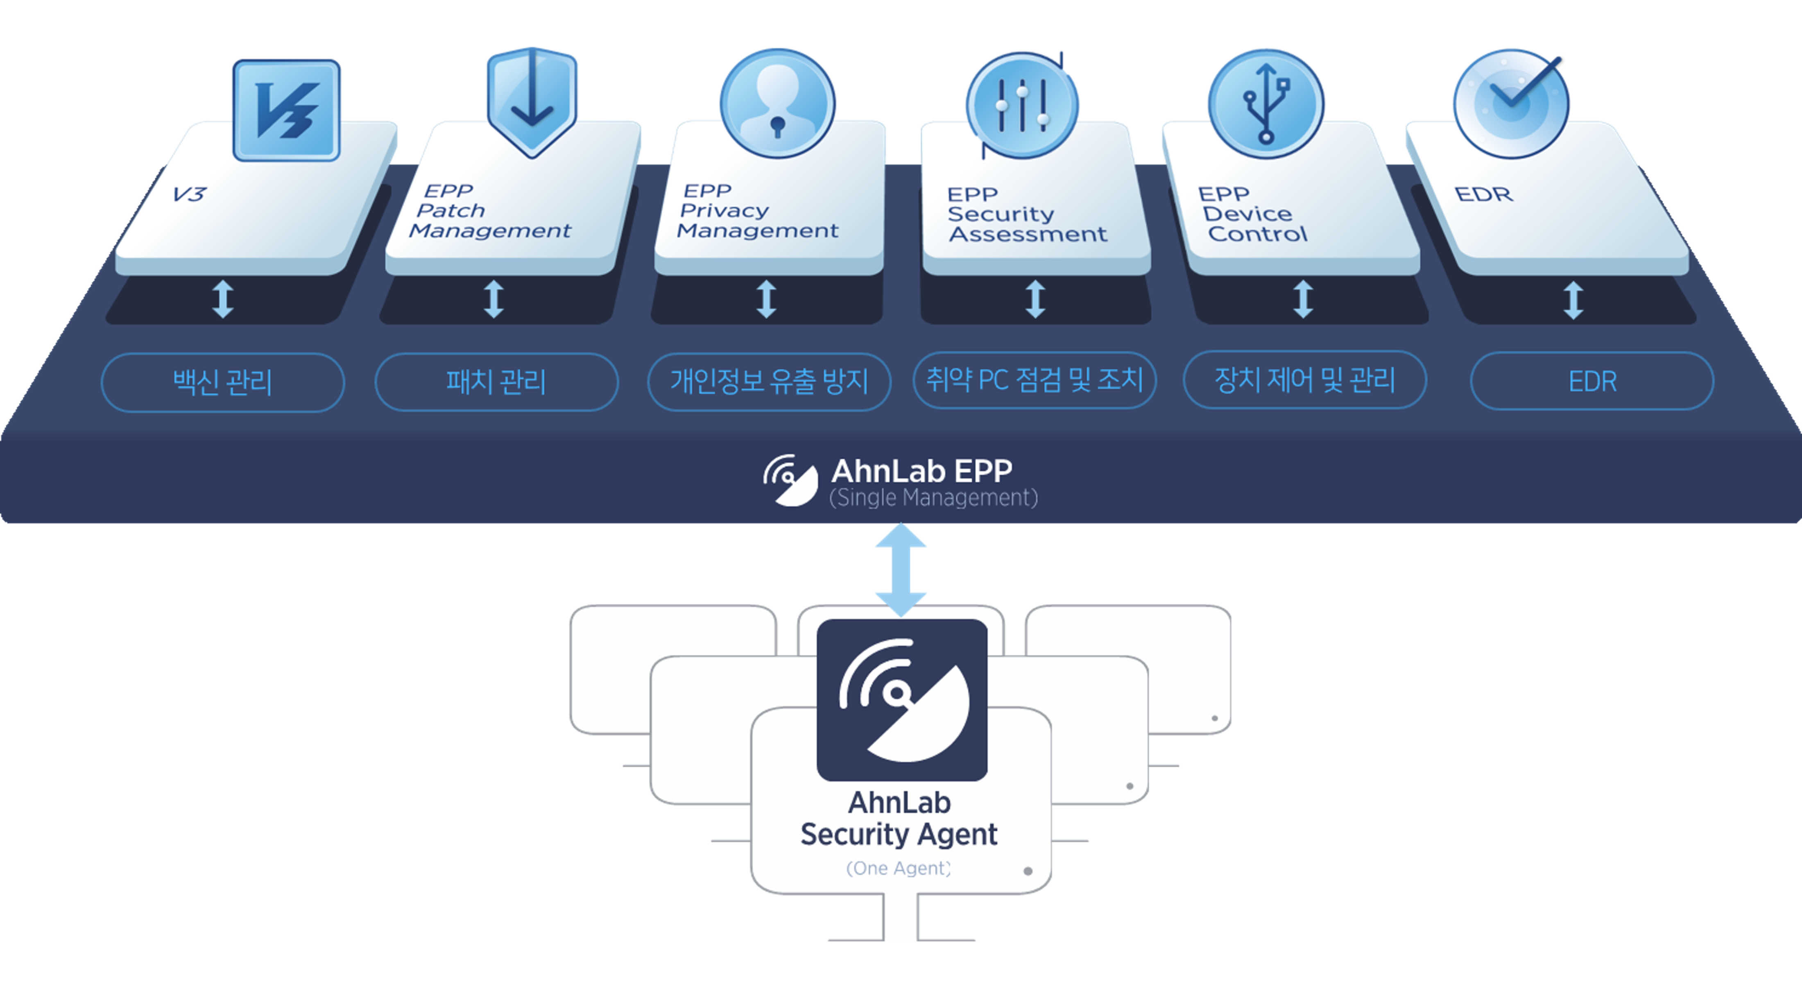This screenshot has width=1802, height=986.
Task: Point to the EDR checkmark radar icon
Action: point(1511,104)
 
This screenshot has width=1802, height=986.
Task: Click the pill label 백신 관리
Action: point(222,382)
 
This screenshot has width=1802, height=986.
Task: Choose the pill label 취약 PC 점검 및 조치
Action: point(1035,380)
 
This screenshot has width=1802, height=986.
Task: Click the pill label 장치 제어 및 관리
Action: point(1305,380)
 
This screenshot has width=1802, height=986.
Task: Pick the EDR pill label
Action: point(1592,381)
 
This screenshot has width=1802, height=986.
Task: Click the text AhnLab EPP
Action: point(921,471)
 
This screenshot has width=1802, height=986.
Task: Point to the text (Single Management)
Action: point(933,498)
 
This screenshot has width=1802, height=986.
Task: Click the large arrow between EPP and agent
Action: point(901,570)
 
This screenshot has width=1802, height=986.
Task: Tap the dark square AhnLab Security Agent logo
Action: point(902,699)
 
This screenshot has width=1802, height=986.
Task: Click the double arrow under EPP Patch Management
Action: point(494,299)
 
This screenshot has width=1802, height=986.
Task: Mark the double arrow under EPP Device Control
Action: point(1302,299)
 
